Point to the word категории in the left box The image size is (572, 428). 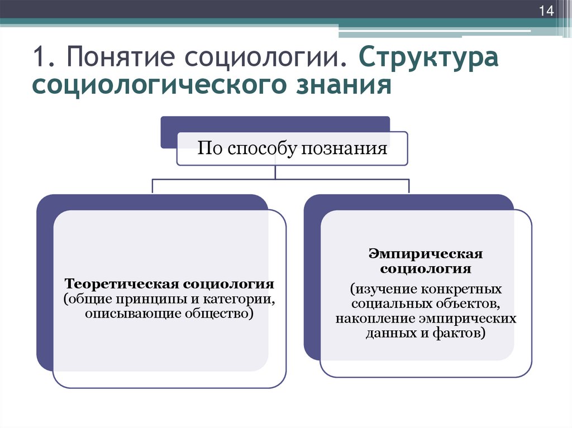tap(238, 299)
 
